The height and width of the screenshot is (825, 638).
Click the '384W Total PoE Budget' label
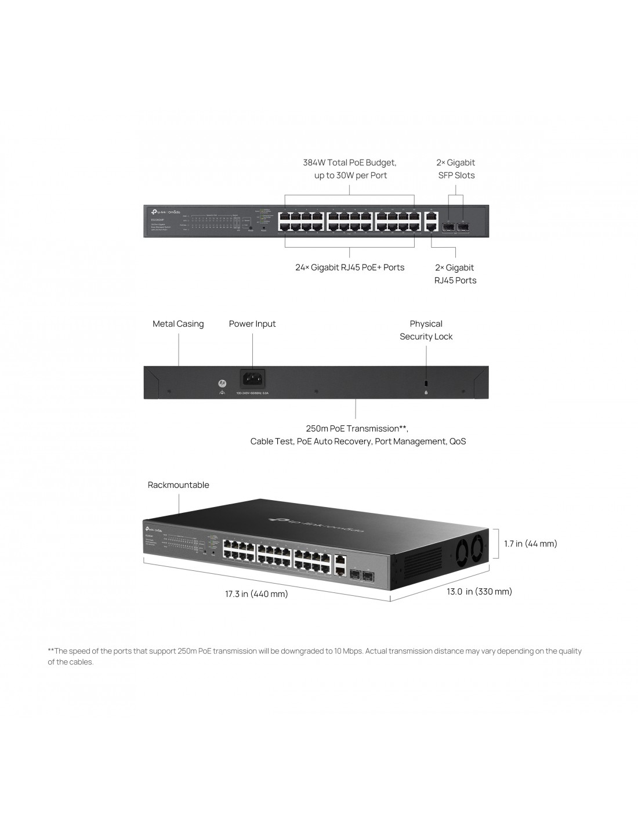coord(349,162)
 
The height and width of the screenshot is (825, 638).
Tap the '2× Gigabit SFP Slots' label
coord(455,169)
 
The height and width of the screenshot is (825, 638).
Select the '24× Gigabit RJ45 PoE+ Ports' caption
coord(349,267)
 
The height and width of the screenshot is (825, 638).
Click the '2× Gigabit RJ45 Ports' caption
coord(455,274)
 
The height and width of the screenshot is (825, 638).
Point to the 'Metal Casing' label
coord(178,324)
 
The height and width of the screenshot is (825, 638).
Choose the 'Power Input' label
coord(252,324)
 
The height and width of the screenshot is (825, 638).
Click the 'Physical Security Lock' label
coord(426,330)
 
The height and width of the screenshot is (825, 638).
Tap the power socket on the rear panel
coord(252,378)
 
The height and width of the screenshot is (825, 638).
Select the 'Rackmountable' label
coord(178,485)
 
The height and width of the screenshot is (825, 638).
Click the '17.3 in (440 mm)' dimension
coord(256,594)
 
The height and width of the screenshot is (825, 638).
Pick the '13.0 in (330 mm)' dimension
coord(479,592)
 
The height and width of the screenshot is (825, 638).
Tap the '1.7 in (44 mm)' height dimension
coord(530,544)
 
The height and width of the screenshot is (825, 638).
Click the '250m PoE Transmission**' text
coord(357,429)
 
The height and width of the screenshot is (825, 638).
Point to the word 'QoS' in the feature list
coord(456,442)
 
